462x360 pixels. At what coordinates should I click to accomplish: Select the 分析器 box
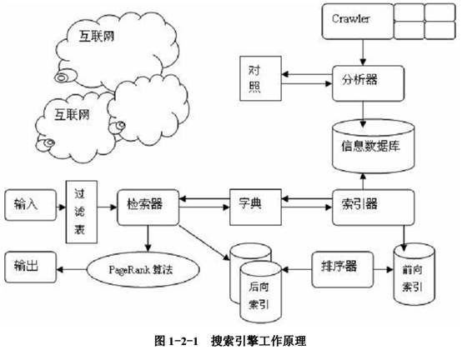(368, 83)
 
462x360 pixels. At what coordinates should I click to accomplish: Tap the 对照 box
(260, 78)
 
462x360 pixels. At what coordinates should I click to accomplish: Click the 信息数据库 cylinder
(374, 147)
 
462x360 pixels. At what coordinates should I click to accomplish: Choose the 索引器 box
(374, 207)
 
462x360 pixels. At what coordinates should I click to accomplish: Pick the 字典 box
(255, 207)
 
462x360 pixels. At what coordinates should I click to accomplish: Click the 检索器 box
(148, 207)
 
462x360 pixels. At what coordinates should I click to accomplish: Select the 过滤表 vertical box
(82, 212)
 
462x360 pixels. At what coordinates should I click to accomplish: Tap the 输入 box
(30, 205)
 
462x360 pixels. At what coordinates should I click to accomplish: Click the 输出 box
(30, 267)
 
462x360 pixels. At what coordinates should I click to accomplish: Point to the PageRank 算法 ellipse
(143, 269)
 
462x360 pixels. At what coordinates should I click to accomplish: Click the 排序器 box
(343, 269)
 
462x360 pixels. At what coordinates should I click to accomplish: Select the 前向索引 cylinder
(414, 274)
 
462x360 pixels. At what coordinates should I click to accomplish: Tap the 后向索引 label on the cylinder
(259, 296)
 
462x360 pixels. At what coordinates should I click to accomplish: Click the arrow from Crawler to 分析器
(363, 52)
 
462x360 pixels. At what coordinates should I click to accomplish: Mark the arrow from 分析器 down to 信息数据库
(363, 114)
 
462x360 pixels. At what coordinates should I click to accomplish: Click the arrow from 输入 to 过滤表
(61, 207)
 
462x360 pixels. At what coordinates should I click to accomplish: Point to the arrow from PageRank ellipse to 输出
(72, 269)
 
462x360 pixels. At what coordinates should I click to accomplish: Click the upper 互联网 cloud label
(97, 37)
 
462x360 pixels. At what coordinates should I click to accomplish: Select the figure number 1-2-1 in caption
(183, 342)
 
